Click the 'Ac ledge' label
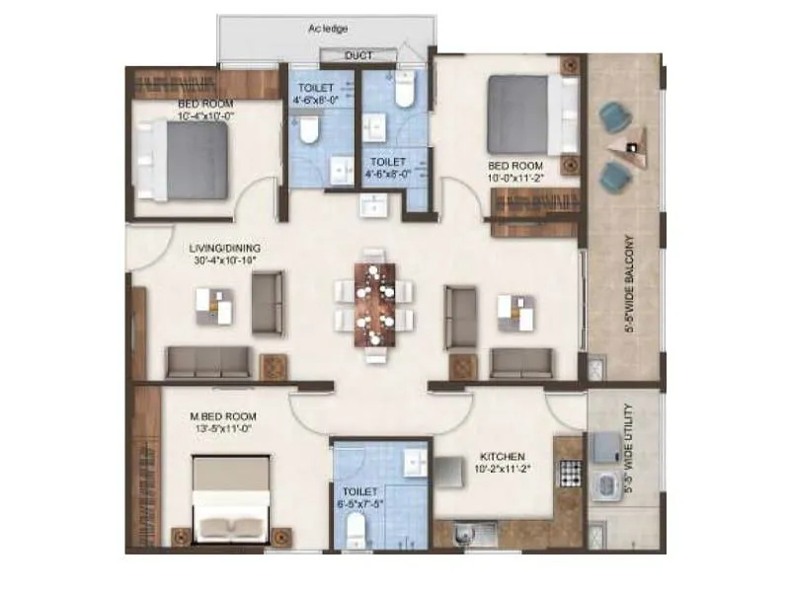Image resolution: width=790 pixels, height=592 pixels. [328, 30]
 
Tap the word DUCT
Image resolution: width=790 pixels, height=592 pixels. [358, 56]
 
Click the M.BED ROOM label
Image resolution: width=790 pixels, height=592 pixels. [221, 415]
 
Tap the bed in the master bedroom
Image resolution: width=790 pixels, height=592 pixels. [230, 498]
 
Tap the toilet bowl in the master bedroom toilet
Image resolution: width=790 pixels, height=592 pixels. [355, 534]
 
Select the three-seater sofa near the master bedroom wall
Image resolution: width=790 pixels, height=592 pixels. [208, 363]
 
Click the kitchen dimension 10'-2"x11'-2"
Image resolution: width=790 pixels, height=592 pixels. [502, 470]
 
